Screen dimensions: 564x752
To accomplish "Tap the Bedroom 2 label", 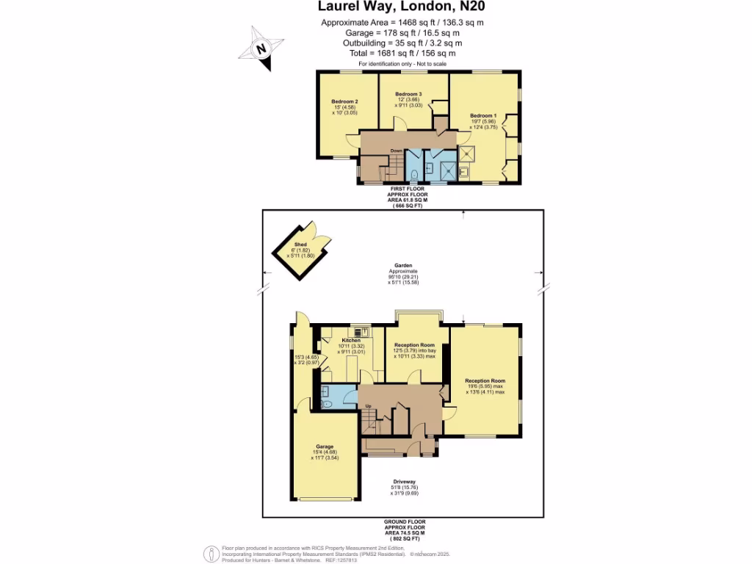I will click(x=344, y=101).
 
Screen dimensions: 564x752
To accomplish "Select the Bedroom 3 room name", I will click(x=408, y=95).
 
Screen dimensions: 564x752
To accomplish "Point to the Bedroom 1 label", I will click(x=484, y=115).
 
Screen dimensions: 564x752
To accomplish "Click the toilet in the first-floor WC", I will click(x=415, y=174).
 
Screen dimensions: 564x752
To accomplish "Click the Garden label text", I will click(x=402, y=266).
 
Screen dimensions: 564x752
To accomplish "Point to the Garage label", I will click(x=325, y=446).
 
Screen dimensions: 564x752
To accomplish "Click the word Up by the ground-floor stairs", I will click(x=369, y=405).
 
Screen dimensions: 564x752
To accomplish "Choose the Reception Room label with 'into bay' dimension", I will click(x=414, y=345).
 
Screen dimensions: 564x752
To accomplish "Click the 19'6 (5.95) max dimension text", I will click(x=485, y=386).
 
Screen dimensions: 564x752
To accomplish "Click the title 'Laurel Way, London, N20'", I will click(x=401, y=7).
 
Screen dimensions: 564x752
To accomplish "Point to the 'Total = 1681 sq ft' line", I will click(x=401, y=53).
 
